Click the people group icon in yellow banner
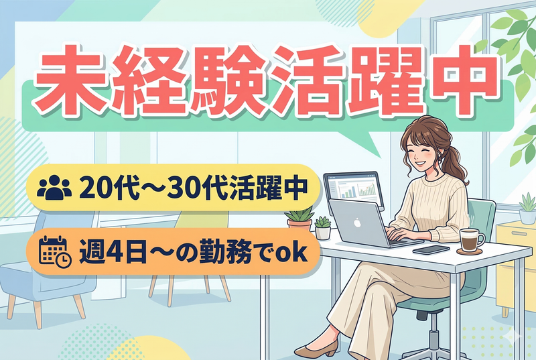pyautogui.click(x=54, y=187)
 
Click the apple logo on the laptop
pyautogui.click(x=357, y=222)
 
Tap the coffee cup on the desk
pyautogui.click(x=472, y=239)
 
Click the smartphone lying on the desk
pyautogui.click(x=430, y=249)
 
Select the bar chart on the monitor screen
pyautogui.click(x=352, y=189)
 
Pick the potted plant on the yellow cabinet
pyautogui.click(x=527, y=209)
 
